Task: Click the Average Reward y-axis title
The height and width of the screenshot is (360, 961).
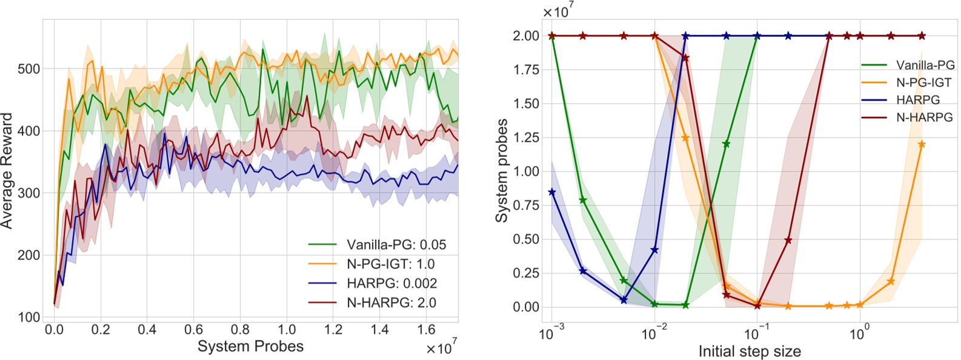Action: (x=7, y=170)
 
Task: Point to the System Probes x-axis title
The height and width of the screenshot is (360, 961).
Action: (x=250, y=347)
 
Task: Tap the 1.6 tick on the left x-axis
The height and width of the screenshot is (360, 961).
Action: (x=426, y=330)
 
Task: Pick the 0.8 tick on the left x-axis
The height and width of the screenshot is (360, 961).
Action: (x=240, y=330)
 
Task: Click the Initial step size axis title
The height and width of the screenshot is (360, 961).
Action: (x=750, y=352)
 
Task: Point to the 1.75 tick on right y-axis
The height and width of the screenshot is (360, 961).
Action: (x=526, y=70)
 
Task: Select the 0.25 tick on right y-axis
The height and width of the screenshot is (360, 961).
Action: (x=526, y=273)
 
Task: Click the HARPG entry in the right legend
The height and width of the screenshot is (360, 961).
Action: (x=918, y=100)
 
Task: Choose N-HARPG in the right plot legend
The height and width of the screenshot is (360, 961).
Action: (x=924, y=118)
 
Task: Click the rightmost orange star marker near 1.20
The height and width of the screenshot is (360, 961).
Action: (x=922, y=144)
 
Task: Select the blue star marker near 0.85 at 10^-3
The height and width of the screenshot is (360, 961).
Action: (x=551, y=192)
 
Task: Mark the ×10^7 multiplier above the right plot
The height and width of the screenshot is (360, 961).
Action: (x=557, y=12)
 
